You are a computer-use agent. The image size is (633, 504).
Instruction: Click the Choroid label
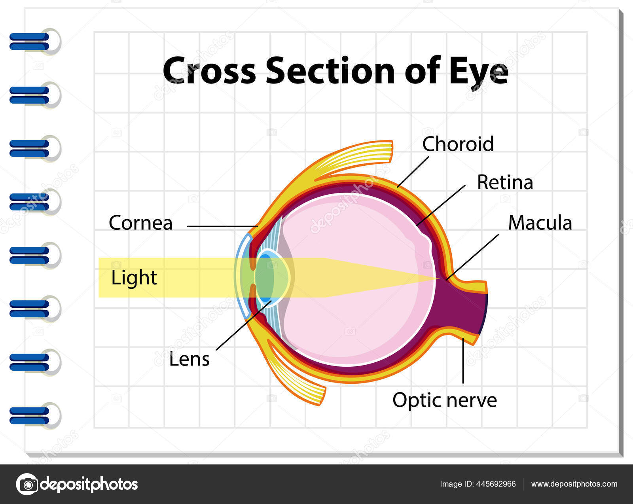(458, 144)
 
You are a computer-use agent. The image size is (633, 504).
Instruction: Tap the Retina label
(505, 182)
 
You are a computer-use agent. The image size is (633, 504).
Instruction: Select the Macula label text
(540, 223)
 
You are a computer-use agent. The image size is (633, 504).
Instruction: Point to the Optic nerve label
(444, 400)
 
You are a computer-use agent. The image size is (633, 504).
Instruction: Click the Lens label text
(189, 360)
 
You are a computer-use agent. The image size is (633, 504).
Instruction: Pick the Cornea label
(140, 223)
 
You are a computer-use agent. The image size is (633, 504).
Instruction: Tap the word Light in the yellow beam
(134, 278)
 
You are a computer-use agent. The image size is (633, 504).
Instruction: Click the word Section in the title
(330, 71)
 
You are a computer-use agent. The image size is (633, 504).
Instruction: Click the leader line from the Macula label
(473, 257)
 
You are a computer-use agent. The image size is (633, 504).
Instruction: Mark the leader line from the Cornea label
(222, 226)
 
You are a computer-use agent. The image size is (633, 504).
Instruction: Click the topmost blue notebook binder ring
(30, 42)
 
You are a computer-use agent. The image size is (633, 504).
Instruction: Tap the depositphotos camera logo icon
(27, 484)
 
